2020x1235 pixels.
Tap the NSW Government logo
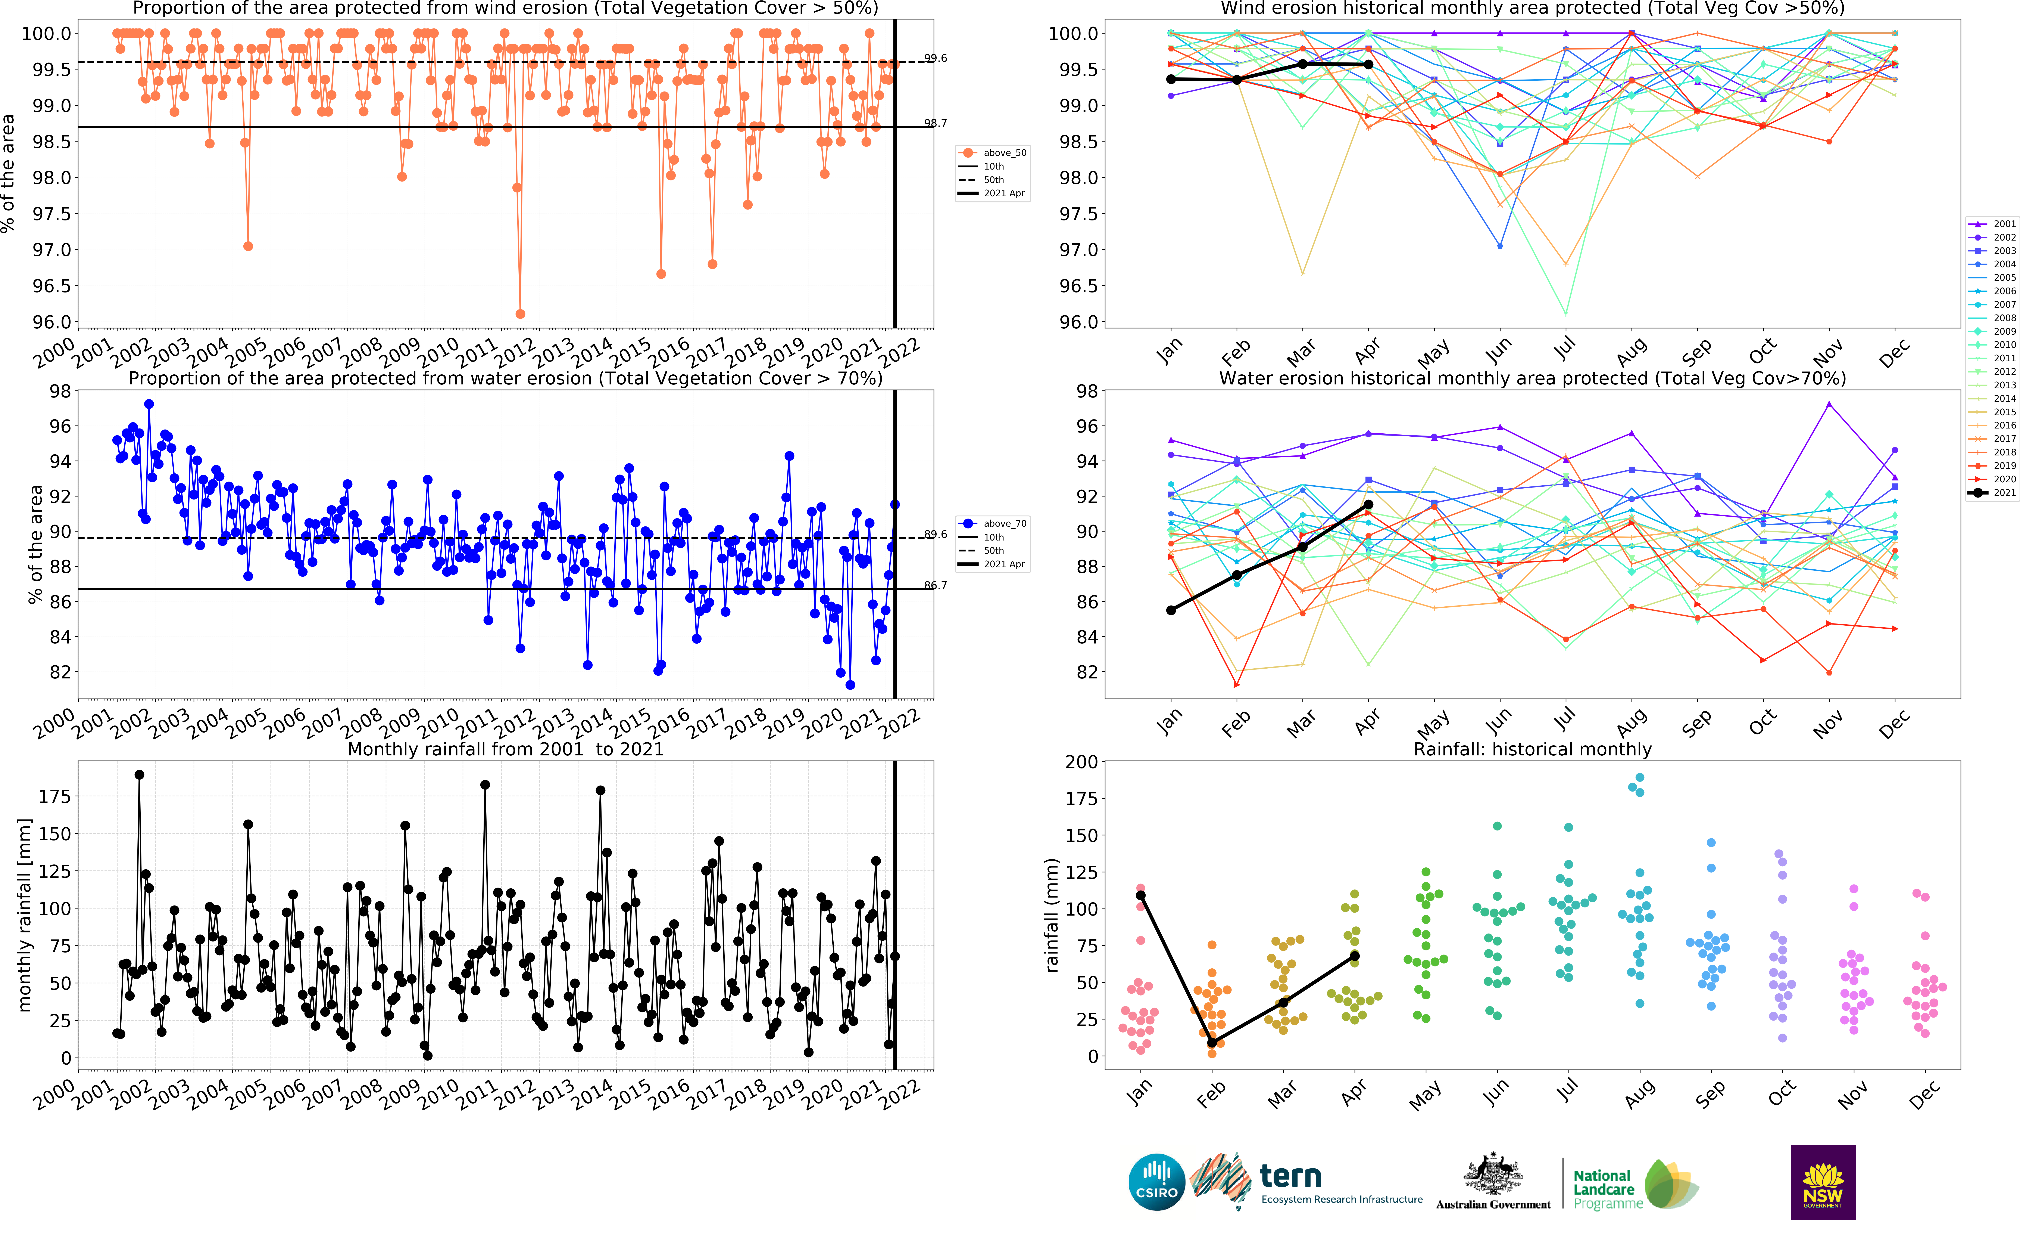pos(1822,1182)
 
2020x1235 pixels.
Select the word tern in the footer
pos(1290,1176)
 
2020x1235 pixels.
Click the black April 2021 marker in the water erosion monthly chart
pos(1368,505)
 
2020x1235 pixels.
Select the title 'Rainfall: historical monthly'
pos(1532,749)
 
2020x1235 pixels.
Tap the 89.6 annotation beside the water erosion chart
pos(935,534)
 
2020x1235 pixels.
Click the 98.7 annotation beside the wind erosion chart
pos(935,123)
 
